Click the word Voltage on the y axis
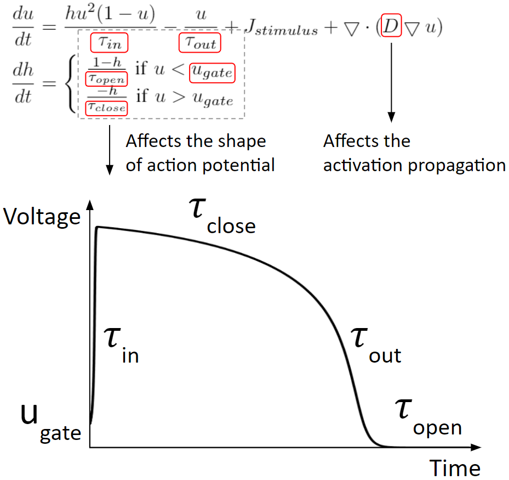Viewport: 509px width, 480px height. click(42, 218)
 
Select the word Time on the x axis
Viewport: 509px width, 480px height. click(455, 468)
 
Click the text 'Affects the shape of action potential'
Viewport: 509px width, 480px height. click(200, 153)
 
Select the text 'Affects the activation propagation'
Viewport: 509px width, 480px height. click(414, 153)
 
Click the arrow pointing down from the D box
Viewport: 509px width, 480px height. click(391, 82)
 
